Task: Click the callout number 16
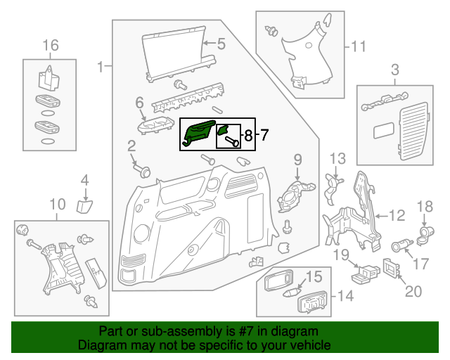click(x=50, y=46)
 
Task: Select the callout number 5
click(x=221, y=44)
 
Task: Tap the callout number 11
click(x=359, y=47)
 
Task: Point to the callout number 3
click(x=394, y=69)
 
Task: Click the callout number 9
click(x=297, y=159)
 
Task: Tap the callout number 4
click(x=84, y=181)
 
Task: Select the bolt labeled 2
click(x=144, y=171)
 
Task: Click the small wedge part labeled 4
click(x=84, y=205)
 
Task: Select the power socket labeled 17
click(x=399, y=247)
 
